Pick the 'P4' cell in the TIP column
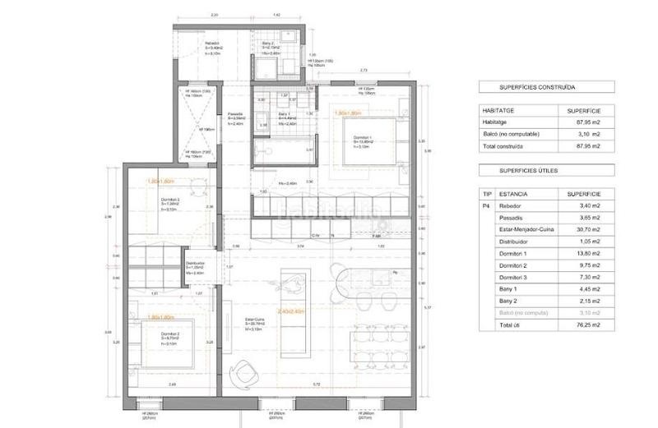point(486,208)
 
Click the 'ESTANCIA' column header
point(514,195)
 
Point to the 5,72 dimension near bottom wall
point(316,384)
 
